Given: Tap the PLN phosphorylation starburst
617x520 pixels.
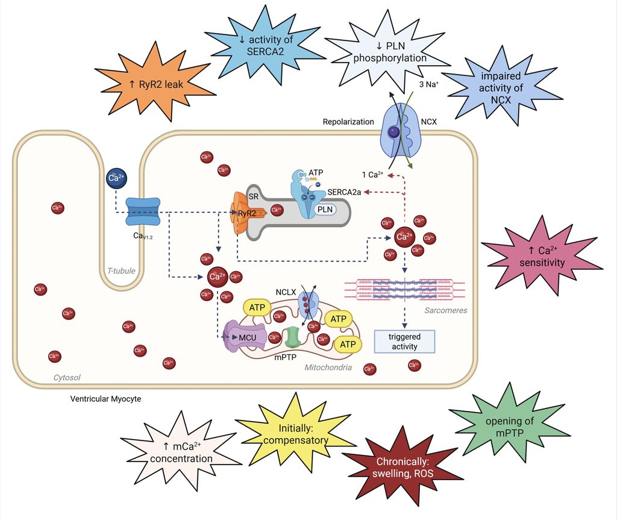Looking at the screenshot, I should click(389, 52).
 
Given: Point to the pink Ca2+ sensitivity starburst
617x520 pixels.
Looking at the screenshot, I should click(542, 257).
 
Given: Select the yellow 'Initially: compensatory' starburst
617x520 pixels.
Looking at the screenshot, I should click(295, 436).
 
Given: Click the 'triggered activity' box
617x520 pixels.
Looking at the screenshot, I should click(404, 341).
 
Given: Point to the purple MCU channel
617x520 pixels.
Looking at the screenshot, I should click(245, 337).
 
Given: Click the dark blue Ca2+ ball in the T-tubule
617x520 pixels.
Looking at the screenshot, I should click(114, 178).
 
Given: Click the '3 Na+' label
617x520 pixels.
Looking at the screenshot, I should click(428, 85).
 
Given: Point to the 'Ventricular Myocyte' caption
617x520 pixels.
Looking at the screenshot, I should click(105, 398).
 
